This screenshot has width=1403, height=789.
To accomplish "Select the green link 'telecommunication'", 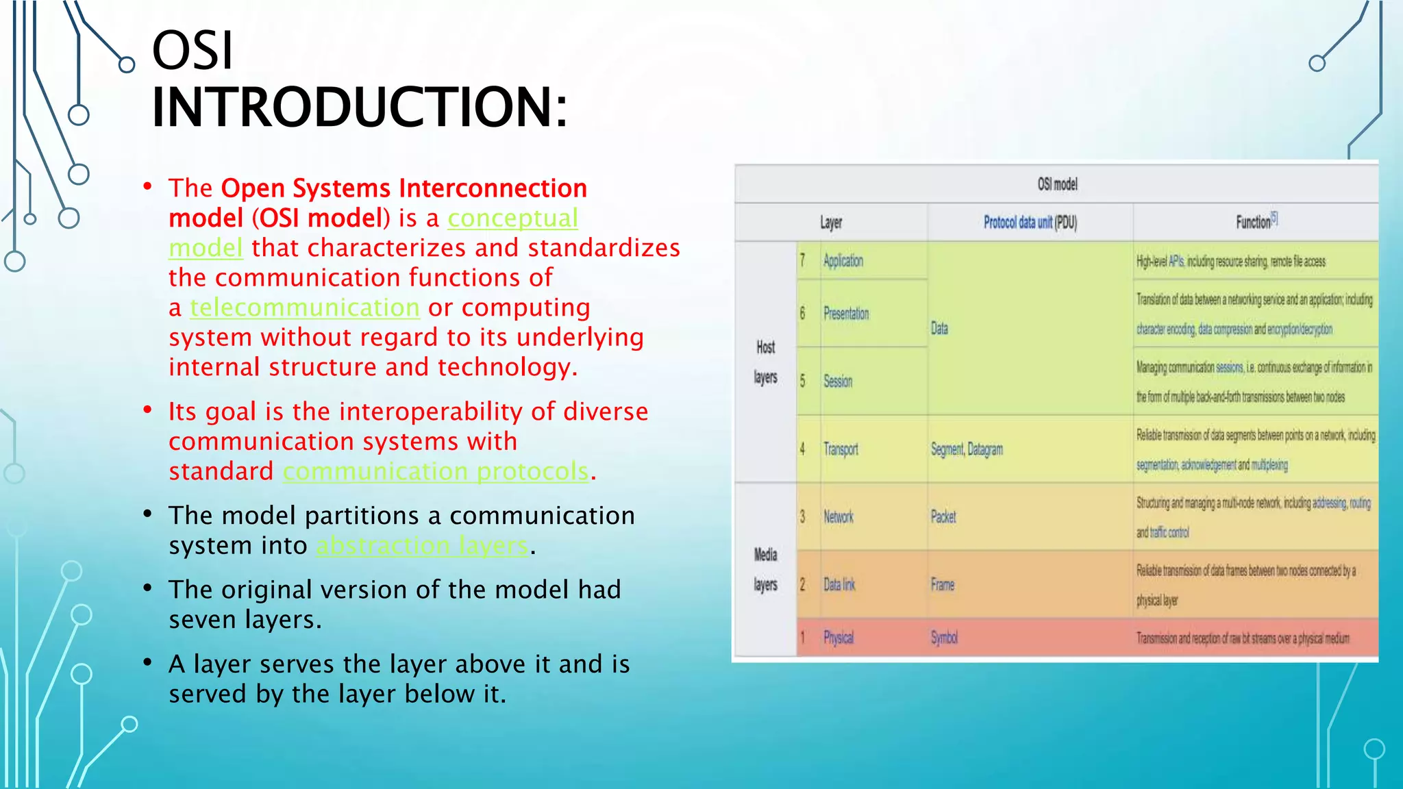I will [x=305, y=308].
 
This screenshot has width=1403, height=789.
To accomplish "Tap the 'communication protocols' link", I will [x=436, y=471].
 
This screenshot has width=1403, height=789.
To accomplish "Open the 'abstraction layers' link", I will [x=422, y=545].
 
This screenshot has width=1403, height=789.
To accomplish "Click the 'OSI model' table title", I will [x=1056, y=184].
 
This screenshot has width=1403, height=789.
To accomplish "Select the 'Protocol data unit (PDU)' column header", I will [x=1030, y=222].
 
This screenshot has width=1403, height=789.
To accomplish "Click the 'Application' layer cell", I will [x=843, y=261].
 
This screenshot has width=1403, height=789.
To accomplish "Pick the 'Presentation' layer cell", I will [x=845, y=314].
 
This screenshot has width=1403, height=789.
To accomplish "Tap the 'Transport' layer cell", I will [x=841, y=449].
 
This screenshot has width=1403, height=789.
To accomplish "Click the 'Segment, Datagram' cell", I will [x=966, y=449].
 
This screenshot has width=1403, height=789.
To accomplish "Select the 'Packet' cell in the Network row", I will [x=943, y=517].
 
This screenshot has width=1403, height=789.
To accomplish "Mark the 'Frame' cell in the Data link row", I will [x=942, y=585].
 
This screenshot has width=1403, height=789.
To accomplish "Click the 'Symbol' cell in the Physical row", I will [x=943, y=638].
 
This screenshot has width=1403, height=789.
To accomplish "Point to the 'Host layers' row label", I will [x=765, y=362].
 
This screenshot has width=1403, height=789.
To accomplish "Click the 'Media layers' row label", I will [x=765, y=569].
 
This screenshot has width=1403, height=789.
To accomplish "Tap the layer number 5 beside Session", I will [x=803, y=381].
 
